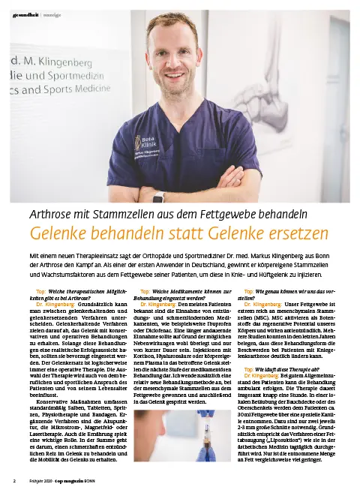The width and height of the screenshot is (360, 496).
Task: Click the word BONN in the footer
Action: [x=90, y=480]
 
